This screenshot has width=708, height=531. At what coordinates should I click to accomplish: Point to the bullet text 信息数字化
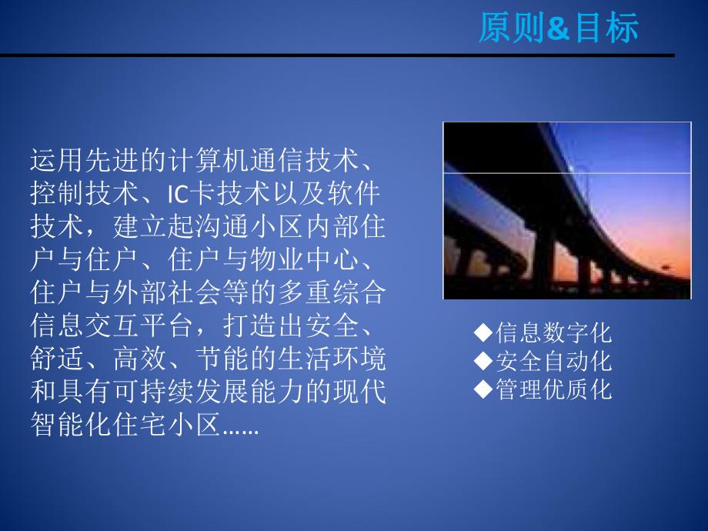click(553, 332)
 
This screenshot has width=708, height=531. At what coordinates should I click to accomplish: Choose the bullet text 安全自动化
click(553, 361)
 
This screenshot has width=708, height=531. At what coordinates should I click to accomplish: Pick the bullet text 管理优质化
click(553, 389)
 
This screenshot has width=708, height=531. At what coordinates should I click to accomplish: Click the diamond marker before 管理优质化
click(483, 389)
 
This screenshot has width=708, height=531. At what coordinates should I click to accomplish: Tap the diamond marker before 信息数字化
click(483, 332)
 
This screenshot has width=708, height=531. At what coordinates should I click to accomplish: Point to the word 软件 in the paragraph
click(366, 189)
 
